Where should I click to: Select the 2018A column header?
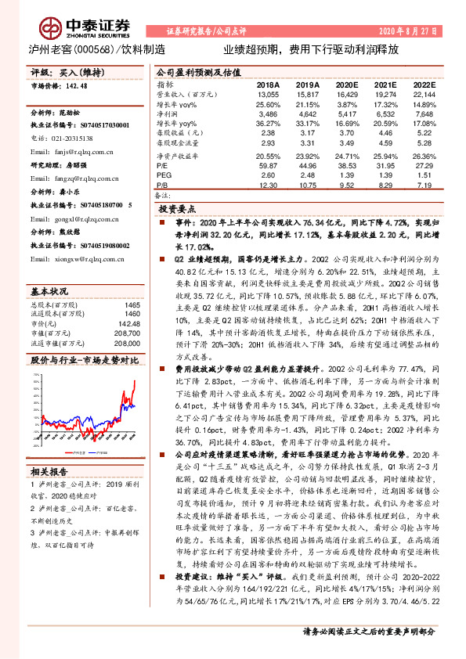(x=268, y=84)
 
